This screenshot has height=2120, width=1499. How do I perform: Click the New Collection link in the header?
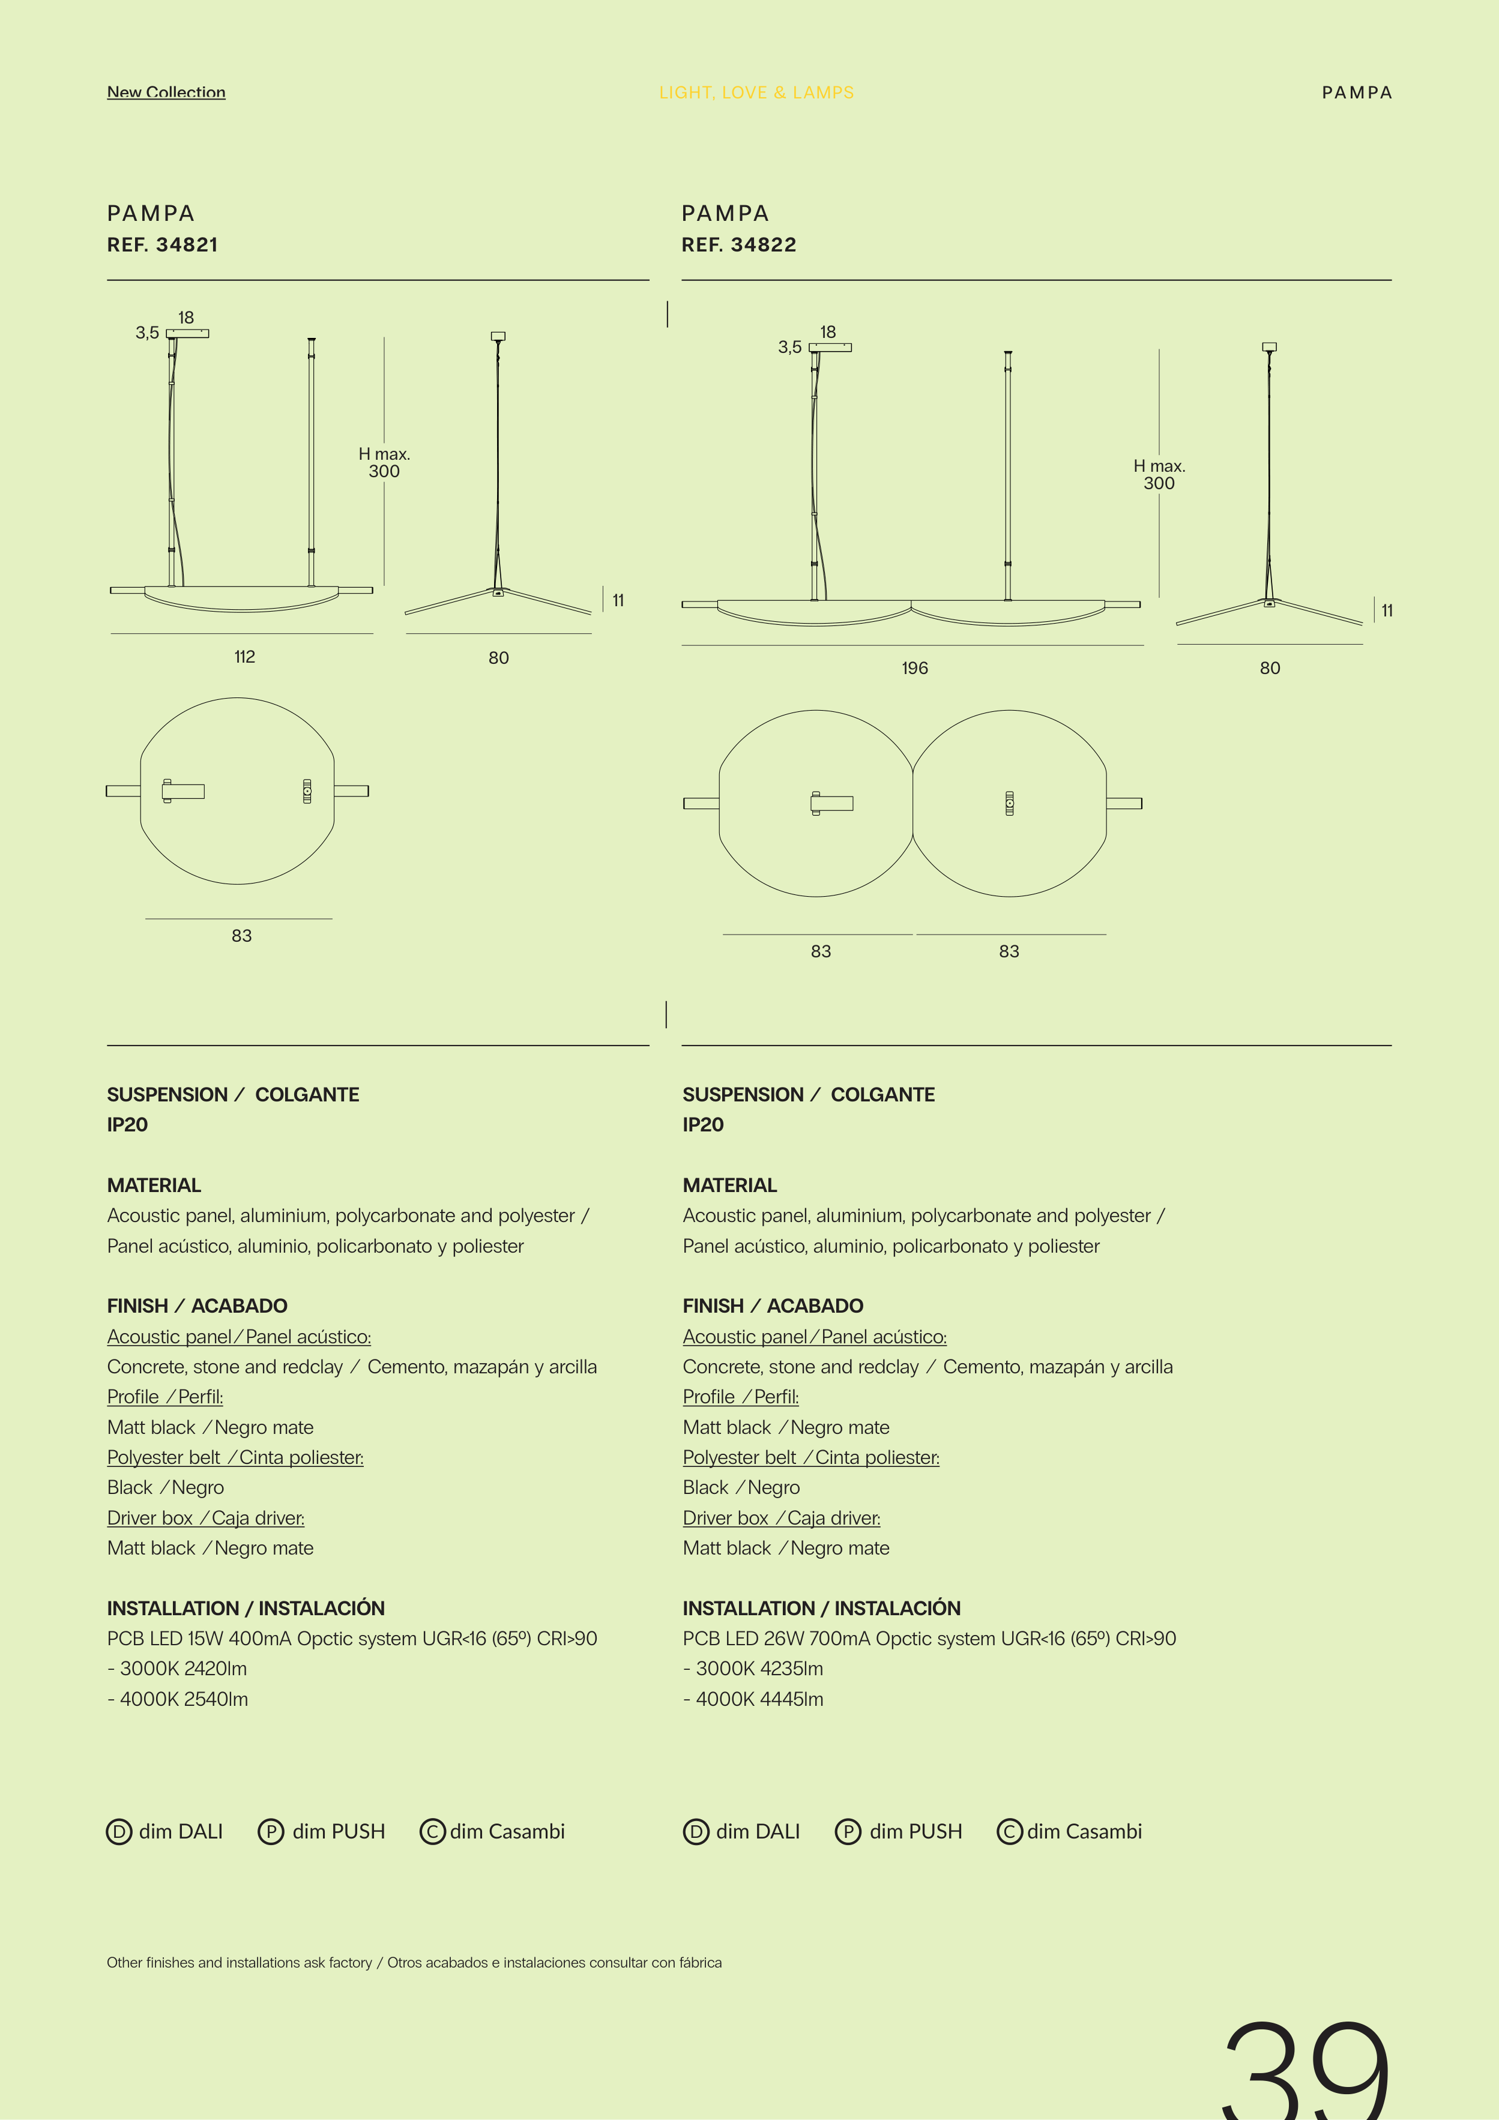pyautogui.click(x=166, y=92)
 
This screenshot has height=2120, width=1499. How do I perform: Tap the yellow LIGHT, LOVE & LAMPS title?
pyautogui.click(x=756, y=92)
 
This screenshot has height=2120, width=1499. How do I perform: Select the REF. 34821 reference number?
pyautogui.click(x=163, y=245)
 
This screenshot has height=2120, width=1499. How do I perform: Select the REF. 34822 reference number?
pyautogui.click(x=739, y=245)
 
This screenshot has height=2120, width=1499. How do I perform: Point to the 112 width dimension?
pyautogui.click(x=244, y=657)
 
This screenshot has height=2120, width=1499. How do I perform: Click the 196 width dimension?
pyautogui.click(x=914, y=667)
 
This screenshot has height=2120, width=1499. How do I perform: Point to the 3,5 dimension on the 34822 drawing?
pyautogui.click(x=789, y=347)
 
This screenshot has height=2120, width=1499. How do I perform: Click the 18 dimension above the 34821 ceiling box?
pyautogui.click(x=185, y=318)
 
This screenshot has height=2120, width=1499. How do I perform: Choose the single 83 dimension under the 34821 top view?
pyautogui.click(x=241, y=935)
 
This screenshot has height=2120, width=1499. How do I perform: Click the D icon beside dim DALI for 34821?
pyautogui.click(x=119, y=1832)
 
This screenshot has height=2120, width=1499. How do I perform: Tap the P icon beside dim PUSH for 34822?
pyautogui.click(x=847, y=1832)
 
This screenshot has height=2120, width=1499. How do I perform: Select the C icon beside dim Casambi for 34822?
pyautogui.click(x=1010, y=1832)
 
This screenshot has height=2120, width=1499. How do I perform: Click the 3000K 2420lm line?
pyautogui.click(x=177, y=1669)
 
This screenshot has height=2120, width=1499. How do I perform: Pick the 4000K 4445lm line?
pyautogui.click(x=753, y=1699)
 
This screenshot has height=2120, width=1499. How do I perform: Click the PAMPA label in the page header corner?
pyautogui.click(x=1356, y=92)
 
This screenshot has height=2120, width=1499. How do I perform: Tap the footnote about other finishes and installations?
pyautogui.click(x=414, y=1962)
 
